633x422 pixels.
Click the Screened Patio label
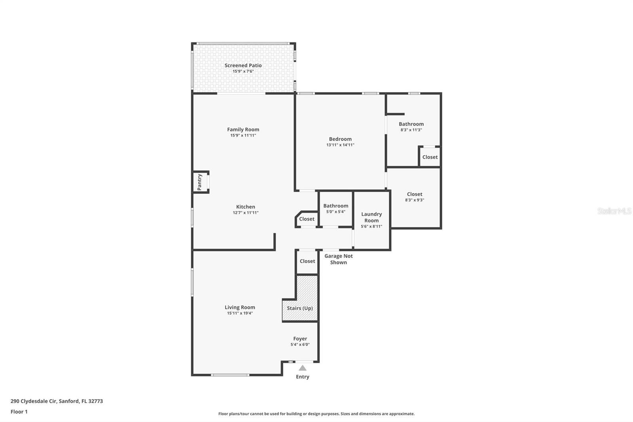pos(243,65)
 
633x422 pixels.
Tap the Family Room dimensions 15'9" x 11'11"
pos(243,135)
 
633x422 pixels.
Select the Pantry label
pos(200,182)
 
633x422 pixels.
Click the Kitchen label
pos(245,207)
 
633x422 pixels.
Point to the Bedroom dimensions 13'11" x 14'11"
pos(340,145)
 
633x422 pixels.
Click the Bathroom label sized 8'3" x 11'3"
pos(411,124)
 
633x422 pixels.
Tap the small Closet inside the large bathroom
pos(430,157)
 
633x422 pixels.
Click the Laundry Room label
pos(371,217)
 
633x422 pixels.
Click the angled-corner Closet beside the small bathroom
pos(307,219)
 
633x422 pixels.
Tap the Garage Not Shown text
pos(338,259)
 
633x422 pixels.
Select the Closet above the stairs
pos(307,261)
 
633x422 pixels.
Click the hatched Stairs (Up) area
pos(300,308)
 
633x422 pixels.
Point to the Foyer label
pos(300,338)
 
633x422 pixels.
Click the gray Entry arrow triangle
pos(302,368)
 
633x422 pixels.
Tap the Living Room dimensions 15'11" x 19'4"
pos(240,313)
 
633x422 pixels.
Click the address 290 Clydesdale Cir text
pos(57,401)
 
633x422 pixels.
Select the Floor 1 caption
pos(19,412)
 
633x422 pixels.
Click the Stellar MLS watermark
pos(614,211)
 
